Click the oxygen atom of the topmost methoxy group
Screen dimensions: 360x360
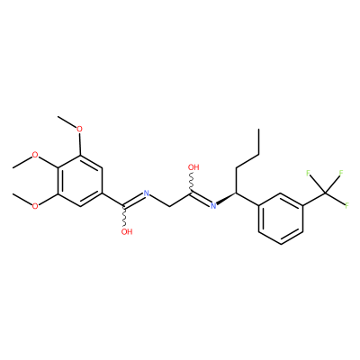tap(79, 130)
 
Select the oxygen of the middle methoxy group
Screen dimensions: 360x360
tap(35, 155)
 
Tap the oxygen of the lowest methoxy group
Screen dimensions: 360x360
tap(35, 206)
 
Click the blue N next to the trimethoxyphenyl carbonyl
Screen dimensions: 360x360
tap(147, 193)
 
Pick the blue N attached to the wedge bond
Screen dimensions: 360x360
tap(213, 206)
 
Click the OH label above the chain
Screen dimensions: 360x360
tap(193, 167)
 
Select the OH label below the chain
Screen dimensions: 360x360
tap(127, 231)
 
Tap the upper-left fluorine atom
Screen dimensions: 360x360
tap(308, 173)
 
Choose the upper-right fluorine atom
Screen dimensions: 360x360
tap(341, 173)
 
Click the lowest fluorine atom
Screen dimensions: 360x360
tap(347, 206)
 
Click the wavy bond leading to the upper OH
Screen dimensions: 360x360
tap(192, 182)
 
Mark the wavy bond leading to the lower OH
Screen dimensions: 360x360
tap(125, 217)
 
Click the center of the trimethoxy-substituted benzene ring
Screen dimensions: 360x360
tap(79, 181)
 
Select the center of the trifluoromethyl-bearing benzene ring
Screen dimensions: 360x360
tap(281, 219)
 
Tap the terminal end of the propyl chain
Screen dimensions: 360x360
tap(258, 130)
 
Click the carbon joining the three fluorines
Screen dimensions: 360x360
tap(325, 193)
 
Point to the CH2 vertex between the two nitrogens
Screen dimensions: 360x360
tap(169, 206)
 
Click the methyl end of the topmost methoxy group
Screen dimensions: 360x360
tap(58, 116)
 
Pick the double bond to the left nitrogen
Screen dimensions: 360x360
tap(134, 201)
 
